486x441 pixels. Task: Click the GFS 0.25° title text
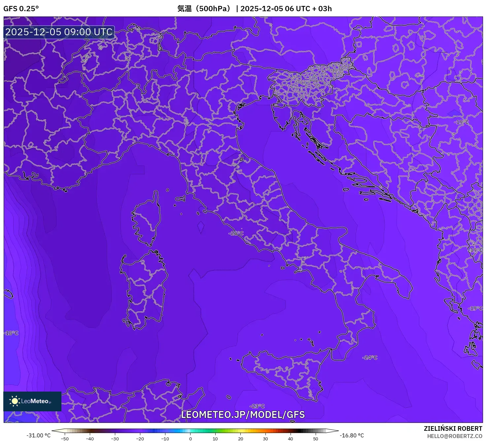click(21, 9)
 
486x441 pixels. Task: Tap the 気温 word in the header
click(185, 9)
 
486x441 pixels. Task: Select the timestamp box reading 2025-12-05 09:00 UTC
click(59, 32)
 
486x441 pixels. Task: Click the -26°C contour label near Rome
click(236, 233)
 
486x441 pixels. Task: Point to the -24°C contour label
click(370, 358)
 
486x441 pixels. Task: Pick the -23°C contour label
click(258, 406)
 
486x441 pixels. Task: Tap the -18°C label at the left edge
click(11, 333)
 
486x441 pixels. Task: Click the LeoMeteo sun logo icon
click(15, 401)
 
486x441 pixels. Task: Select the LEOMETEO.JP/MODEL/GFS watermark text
click(243, 415)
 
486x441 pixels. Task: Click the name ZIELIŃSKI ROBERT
click(453, 428)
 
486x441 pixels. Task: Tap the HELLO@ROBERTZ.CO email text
click(455, 436)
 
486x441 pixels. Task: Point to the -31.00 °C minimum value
click(39, 435)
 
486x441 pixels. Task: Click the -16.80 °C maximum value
click(352, 435)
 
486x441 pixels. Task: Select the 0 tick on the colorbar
click(191, 439)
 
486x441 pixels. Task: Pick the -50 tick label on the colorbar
click(65, 439)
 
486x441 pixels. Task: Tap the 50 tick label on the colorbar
click(316, 439)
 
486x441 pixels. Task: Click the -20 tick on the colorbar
click(140, 439)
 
